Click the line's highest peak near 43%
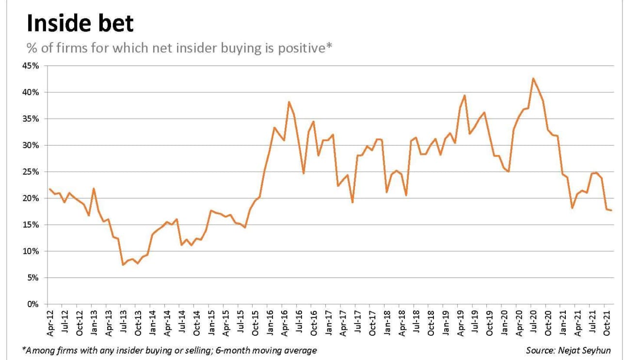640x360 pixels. click(x=533, y=78)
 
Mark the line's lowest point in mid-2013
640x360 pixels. click(x=123, y=264)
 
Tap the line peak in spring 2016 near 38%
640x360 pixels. click(x=289, y=102)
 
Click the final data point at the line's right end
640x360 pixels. click(x=611, y=210)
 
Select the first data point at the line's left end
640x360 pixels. click(x=50, y=189)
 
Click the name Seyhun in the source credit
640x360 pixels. click(x=597, y=350)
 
